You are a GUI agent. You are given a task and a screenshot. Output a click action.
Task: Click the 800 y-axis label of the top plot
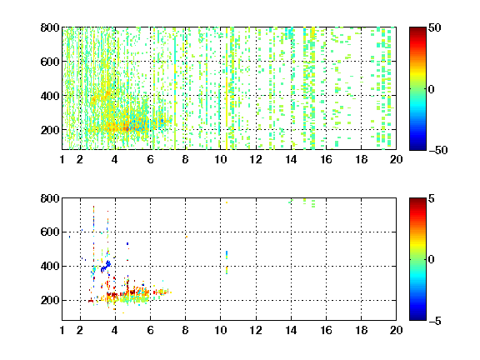[x=50, y=27]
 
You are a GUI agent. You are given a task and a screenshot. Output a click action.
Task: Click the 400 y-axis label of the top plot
[x=50, y=96]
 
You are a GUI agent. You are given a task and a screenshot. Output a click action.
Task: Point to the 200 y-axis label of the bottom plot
[x=50, y=300]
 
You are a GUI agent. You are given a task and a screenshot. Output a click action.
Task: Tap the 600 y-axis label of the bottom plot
[x=50, y=232]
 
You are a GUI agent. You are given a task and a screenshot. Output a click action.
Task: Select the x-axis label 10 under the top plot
[x=220, y=159]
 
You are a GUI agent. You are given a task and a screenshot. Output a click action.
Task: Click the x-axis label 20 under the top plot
[x=396, y=159]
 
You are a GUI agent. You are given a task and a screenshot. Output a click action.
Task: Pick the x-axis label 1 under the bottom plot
[x=62, y=330]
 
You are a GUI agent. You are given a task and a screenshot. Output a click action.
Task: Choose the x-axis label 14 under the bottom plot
[x=291, y=330]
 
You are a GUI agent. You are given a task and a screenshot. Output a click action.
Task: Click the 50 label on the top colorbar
[x=435, y=27]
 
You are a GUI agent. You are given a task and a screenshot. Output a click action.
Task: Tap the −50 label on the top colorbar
[x=438, y=150]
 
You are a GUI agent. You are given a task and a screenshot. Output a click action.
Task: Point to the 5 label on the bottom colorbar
[x=432, y=198]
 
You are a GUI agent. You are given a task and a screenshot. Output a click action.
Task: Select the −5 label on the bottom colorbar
[x=435, y=321]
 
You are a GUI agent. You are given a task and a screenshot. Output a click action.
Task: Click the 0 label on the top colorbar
[x=432, y=89]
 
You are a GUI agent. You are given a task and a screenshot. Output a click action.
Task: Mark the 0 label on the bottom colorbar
[x=432, y=260]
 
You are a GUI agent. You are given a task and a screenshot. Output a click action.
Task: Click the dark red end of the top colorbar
[x=417, y=30]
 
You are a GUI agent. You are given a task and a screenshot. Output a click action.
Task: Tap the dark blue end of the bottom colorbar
[x=417, y=317]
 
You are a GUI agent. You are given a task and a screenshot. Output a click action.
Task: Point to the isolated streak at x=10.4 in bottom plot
[x=227, y=262]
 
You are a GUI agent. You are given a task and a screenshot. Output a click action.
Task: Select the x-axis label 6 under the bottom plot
[x=150, y=330]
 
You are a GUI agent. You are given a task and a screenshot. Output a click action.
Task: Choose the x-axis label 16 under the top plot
[x=326, y=159]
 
